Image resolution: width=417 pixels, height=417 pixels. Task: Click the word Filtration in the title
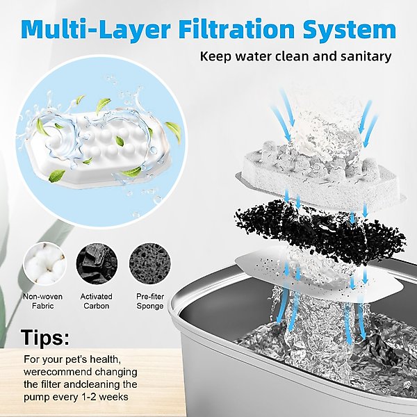237,28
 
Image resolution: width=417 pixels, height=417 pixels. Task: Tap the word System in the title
349,31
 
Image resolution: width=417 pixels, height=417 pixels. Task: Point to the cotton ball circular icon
44,264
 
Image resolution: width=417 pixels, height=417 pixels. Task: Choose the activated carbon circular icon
97,264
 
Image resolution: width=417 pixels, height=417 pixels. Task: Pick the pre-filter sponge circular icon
150,264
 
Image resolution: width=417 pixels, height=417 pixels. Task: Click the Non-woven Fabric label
43,301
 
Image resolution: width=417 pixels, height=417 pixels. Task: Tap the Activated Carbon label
97,301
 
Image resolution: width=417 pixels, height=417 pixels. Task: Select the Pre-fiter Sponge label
150,301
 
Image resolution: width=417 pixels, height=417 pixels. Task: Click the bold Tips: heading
44,337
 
